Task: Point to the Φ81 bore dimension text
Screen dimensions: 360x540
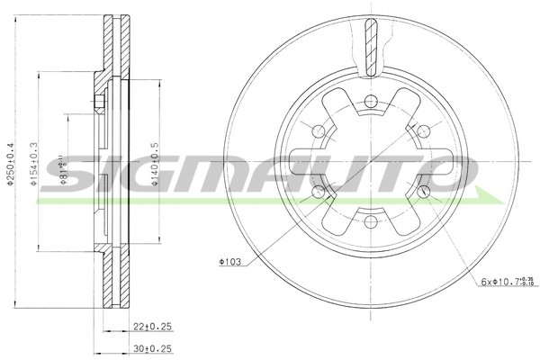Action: tap(62, 167)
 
